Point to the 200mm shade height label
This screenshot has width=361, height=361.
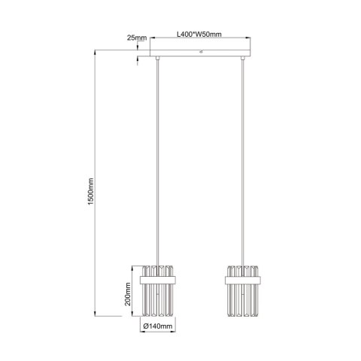click(129, 301)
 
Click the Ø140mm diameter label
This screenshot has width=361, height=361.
click(158, 327)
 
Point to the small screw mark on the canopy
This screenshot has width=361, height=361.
click(201, 52)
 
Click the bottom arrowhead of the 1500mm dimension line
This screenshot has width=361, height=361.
click(95, 314)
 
